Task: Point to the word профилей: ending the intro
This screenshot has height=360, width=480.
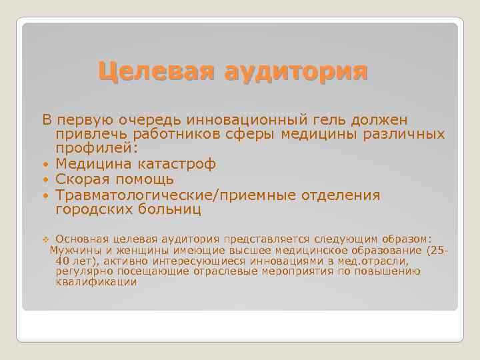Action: point(97,149)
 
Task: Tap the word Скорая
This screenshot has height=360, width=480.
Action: point(83,179)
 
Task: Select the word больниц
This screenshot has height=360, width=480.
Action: point(171,210)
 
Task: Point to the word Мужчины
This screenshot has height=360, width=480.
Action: point(73,251)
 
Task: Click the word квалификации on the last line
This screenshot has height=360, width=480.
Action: point(97,282)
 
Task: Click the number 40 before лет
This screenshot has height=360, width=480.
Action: point(65,261)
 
